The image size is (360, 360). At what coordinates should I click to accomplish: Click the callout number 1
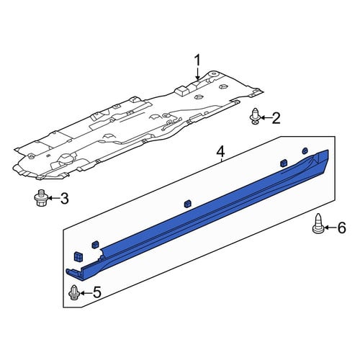coord(197,60)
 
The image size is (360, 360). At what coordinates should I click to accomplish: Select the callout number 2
coord(276,118)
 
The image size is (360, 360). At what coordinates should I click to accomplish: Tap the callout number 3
coord(64,199)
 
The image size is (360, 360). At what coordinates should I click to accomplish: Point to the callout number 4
coord(220,152)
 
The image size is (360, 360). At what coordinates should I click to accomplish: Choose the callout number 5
coord(96,292)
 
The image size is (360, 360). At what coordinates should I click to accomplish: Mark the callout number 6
coord(341,228)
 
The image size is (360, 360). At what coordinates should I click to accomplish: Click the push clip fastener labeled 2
coord(256,117)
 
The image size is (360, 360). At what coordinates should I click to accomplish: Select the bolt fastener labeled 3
coord(41,198)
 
